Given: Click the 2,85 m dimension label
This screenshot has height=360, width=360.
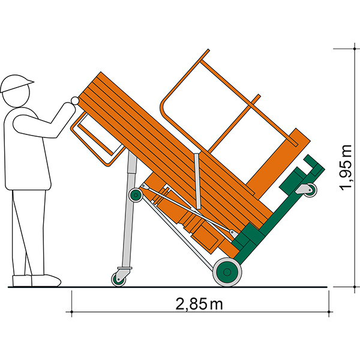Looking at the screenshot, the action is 199,304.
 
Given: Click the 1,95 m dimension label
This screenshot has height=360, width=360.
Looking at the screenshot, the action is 346,167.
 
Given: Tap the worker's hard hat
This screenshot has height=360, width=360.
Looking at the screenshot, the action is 16,83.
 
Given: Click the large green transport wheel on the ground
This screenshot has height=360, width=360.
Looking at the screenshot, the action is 227,272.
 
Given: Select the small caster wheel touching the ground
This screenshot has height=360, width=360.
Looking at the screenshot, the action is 118,280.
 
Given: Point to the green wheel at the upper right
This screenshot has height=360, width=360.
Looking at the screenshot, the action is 310,190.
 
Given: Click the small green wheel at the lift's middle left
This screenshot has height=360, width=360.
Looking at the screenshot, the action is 136,195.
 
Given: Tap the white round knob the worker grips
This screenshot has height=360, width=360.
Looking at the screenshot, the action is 74,101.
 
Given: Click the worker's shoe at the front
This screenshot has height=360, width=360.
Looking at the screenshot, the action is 46,280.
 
